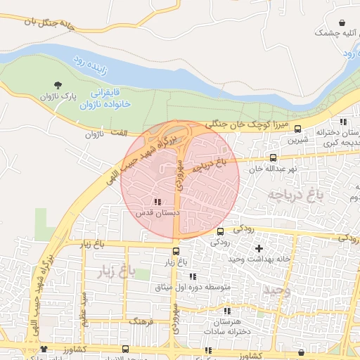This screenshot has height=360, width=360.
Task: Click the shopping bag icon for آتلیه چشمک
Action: coord(342,23)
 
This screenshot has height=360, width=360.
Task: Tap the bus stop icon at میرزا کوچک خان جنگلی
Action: coord(298,129)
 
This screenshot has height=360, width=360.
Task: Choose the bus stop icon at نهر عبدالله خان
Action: coord(273,158)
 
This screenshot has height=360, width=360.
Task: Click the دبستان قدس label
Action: coord(158,212)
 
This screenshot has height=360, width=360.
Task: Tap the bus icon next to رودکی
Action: coord(220,231)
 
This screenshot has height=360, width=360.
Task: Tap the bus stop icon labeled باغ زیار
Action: coord(176,250)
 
